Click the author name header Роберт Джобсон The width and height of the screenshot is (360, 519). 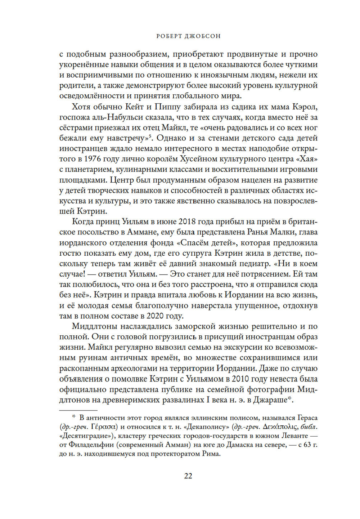188,36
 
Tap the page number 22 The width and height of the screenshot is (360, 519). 188,476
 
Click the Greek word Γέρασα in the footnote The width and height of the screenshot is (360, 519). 104,427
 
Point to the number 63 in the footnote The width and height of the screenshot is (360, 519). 307,445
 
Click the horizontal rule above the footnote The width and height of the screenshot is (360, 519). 78,410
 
